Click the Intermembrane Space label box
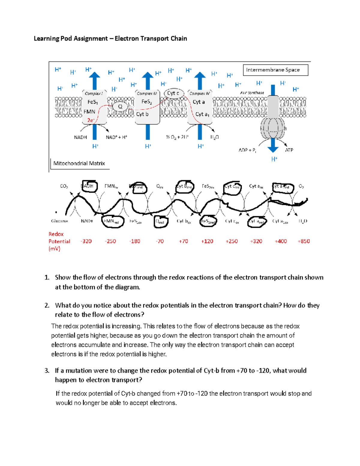(275, 70)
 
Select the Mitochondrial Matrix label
(79, 164)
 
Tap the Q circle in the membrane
(120, 107)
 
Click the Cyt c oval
(173, 93)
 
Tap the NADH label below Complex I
(80, 137)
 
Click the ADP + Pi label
(247, 150)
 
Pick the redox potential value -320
(86, 241)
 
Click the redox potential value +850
(304, 241)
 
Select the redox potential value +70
(183, 241)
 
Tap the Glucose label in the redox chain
(59, 221)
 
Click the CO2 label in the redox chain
(64, 186)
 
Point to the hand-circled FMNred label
(112, 221)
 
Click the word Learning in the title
(46, 38)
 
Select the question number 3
(47, 371)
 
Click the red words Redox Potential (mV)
(59, 241)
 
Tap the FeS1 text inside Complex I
(92, 102)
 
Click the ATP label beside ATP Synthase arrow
(289, 150)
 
